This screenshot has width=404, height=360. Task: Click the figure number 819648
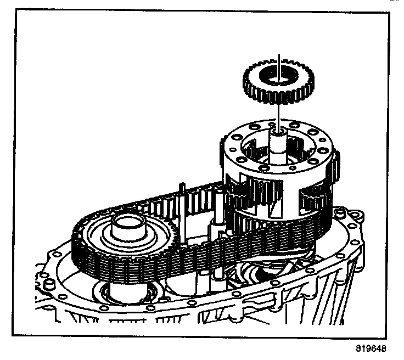pos(371,348)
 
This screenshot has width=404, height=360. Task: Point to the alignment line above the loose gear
pos(280,58)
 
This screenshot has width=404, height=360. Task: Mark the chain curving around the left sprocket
pos(82,247)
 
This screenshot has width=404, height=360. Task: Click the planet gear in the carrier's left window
pos(242,195)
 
